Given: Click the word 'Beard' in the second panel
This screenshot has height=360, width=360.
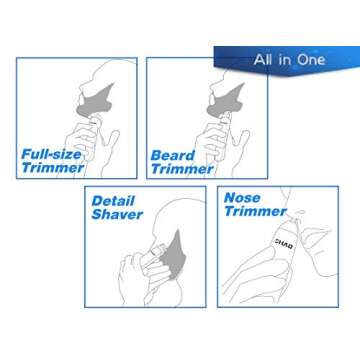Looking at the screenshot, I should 172,155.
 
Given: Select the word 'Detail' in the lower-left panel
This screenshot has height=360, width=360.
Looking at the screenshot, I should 113,200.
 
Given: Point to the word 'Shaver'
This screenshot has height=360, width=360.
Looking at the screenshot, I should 117,214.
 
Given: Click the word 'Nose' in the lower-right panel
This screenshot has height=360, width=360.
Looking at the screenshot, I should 243,198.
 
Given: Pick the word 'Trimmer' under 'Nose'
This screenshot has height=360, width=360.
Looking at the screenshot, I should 254,212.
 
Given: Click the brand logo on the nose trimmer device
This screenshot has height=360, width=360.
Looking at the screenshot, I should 255,241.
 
